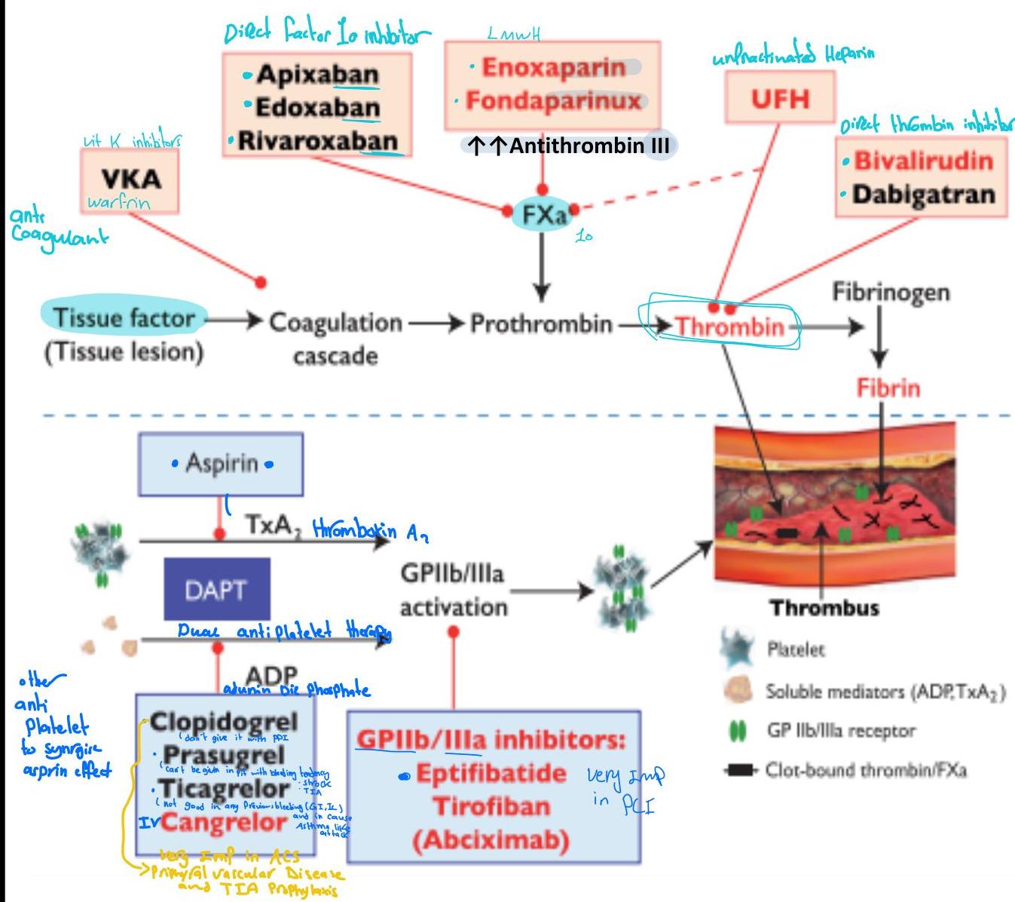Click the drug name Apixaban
(x=317, y=74)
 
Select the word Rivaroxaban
(x=317, y=141)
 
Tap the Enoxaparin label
(x=553, y=67)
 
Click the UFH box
(x=780, y=99)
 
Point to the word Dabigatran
(x=923, y=194)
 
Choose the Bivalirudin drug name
(x=923, y=161)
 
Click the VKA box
(x=130, y=179)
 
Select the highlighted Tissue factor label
(x=124, y=318)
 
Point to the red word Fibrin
(x=888, y=388)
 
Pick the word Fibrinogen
(x=890, y=292)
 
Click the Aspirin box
(x=222, y=463)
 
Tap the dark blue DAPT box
(x=217, y=589)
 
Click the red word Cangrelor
(x=224, y=821)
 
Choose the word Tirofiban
(x=491, y=806)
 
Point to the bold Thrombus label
(x=824, y=607)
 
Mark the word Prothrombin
(x=541, y=324)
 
